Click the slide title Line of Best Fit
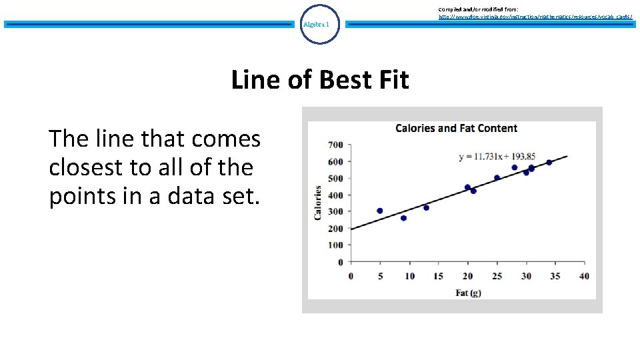(x=320, y=80)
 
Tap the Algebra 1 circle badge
(x=320, y=25)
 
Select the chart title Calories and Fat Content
(x=456, y=128)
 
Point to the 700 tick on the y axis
(x=335, y=145)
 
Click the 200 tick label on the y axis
(x=335, y=229)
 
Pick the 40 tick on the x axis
(x=584, y=276)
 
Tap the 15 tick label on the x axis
(x=438, y=276)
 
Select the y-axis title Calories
(x=318, y=203)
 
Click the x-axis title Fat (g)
(x=469, y=293)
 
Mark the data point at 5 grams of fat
(x=380, y=211)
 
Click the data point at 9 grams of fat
(x=403, y=218)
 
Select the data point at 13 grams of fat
(x=427, y=207)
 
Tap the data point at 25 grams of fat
(x=497, y=178)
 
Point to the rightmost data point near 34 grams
(x=549, y=162)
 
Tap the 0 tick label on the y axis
(x=340, y=262)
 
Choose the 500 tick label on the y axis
(x=335, y=178)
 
